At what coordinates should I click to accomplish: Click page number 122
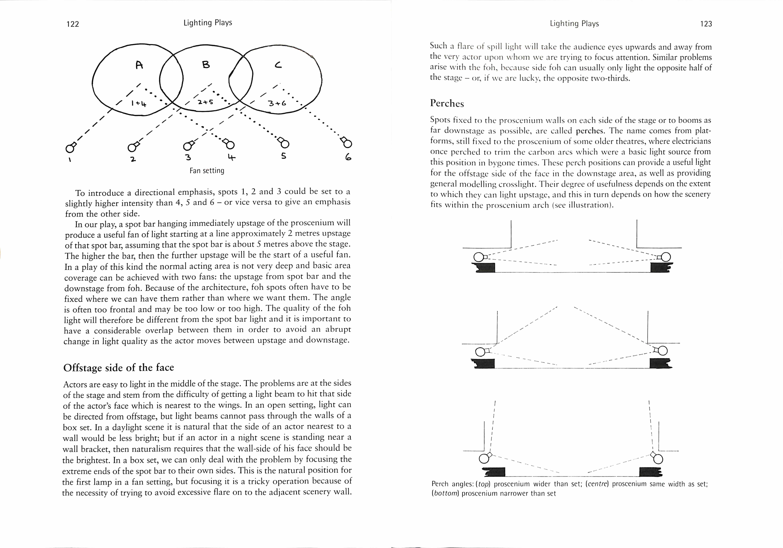(x=73, y=24)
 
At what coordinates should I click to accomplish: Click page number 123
(x=706, y=24)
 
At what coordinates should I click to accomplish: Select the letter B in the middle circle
(x=206, y=64)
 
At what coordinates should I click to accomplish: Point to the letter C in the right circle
(x=278, y=65)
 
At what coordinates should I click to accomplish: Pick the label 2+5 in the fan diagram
(x=205, y=102)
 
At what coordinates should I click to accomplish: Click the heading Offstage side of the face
(x=119, y=367)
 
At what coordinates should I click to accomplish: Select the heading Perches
(x=447, y=103)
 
